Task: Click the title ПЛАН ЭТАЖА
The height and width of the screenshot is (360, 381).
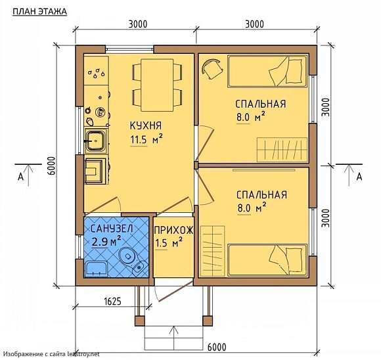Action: [x=39, y=11]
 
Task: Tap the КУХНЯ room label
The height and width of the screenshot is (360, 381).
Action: [x=146, y=125]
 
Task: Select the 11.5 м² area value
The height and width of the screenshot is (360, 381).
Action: [x=146, y=139]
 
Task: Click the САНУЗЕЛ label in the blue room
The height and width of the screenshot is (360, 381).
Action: [x=112, y=229]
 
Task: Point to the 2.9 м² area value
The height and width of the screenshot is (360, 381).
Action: [x=106, y=241]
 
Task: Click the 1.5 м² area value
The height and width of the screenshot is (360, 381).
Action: [x=169, y=243]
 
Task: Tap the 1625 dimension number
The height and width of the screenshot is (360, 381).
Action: [x=112, y=302]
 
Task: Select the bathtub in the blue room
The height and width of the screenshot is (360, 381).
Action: [x=96, y=269]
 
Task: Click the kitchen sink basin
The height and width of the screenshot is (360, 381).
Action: [x=96, y=141]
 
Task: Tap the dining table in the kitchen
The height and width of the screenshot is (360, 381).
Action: [x=157, y=85]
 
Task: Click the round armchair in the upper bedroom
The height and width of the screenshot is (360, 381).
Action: [x=212, y=68]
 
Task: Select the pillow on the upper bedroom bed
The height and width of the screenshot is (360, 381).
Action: [x=296, y=71]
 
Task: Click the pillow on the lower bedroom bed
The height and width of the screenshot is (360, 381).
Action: [x=296, y=260]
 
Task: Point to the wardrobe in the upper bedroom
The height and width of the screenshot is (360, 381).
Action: [x=282, y=150]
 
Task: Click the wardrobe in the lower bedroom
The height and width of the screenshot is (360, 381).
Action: [x=213, y=251]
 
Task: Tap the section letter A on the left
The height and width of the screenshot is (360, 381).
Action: [x=21, y=177]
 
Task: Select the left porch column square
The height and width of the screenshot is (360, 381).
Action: [x=140, y=321]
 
